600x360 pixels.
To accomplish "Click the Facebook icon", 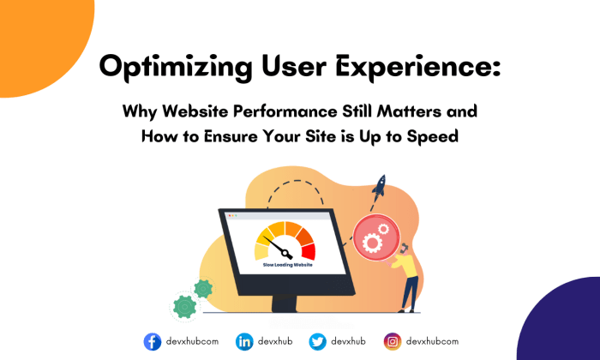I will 153,341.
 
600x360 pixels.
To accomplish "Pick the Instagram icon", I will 393,341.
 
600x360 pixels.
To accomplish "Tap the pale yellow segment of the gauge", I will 262,251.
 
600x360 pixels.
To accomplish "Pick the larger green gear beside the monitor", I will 184,306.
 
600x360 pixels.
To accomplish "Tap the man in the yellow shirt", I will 410,274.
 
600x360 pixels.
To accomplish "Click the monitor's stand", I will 283,303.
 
